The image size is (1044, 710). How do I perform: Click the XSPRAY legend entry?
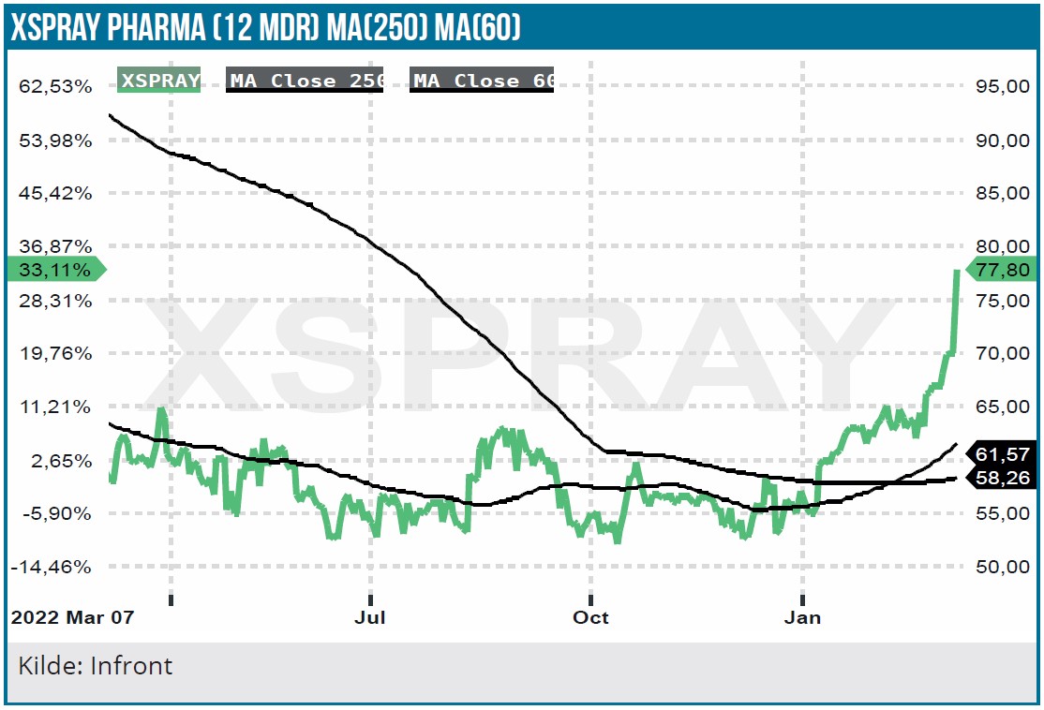160,81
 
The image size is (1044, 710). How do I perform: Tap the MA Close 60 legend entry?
484,81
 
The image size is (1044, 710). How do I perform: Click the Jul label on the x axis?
371,618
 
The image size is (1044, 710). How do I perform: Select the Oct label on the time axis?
590,618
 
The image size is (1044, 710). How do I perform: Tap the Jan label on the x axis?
802,618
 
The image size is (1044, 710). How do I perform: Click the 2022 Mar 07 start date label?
72,618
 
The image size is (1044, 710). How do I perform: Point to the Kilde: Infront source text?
96,666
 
